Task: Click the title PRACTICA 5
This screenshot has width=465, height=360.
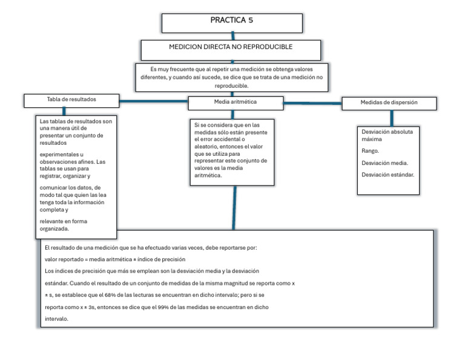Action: point(231,20)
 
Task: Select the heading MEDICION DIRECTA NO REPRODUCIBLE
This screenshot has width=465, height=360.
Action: point(230,47)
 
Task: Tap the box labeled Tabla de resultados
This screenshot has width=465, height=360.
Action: point(71,99)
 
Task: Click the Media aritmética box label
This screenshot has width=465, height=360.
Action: point(235,102)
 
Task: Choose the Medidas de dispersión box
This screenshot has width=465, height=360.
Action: point(389,103)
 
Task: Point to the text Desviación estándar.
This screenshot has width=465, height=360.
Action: point(387,175)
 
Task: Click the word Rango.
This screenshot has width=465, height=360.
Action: point(371,151)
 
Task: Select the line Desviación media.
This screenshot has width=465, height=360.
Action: point(384,163)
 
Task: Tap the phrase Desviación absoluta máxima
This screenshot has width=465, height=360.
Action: point(387,135)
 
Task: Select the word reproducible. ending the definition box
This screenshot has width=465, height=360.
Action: point(232,86)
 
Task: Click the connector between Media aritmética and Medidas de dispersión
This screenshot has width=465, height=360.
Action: point(312,104)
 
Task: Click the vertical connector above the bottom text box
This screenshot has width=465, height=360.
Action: point(232,206)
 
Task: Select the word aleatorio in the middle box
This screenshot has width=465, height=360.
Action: point(206,146)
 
